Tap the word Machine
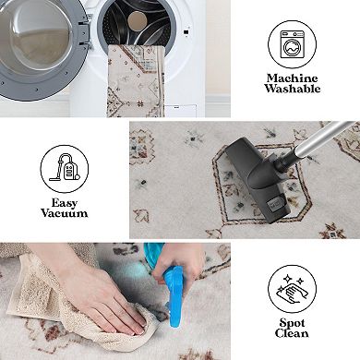292,78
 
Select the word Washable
292,89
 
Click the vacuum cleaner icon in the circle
64,168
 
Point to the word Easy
65,202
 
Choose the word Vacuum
65,213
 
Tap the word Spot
292,322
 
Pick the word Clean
292,333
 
